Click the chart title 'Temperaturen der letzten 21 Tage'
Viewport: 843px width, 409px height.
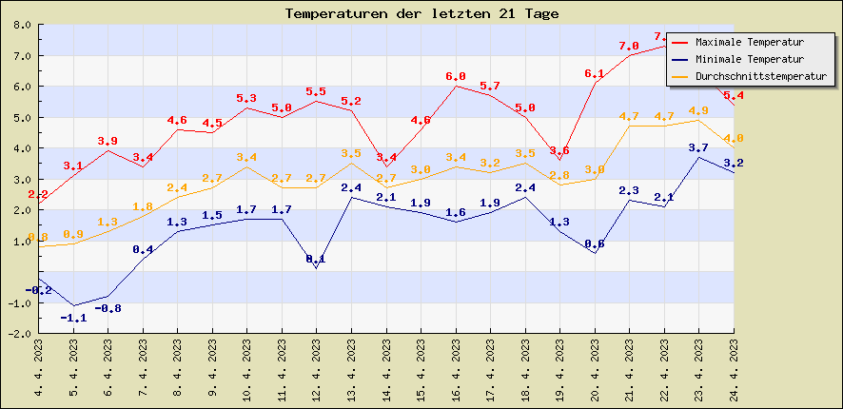click(x=421, y=13)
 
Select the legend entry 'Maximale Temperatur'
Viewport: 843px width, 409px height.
click(x=749, y=43)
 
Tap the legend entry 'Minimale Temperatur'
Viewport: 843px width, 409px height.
click(x=749, y=59)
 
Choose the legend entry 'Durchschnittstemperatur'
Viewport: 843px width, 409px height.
click(x=760, y=75)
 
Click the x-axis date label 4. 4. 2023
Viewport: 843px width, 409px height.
click(x=39, y=370)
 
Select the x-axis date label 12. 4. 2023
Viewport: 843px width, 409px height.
click(x=317, y=370)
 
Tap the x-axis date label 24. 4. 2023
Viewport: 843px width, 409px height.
click(x=734, y=370)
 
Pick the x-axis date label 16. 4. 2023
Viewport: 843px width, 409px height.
click(x=456, y=370)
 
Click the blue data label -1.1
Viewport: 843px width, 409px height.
click(x=73, y=318)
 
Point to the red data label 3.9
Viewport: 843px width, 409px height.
click(x=108, y=141)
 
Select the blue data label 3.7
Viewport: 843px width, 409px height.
click(x=698, y=147)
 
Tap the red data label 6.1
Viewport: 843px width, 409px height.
click(x=595, y=73)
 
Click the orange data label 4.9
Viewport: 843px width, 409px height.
click(x=698, y=110)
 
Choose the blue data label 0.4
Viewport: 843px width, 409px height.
click(x=143, y=249)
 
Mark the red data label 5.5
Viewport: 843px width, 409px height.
click(x=316, y=91)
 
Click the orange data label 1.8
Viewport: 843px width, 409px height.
click(x=143, y=206)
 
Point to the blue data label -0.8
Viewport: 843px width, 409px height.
click(x=108, y=308)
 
